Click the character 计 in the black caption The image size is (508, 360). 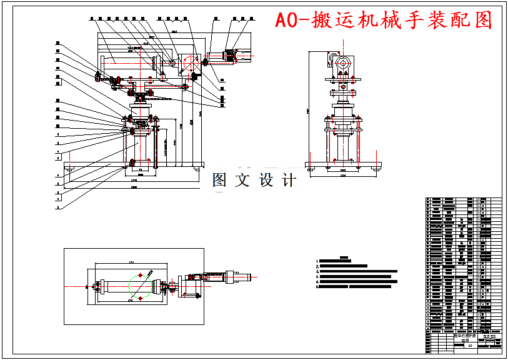288,181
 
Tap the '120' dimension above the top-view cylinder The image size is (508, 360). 131,262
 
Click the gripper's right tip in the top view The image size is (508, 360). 252,276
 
